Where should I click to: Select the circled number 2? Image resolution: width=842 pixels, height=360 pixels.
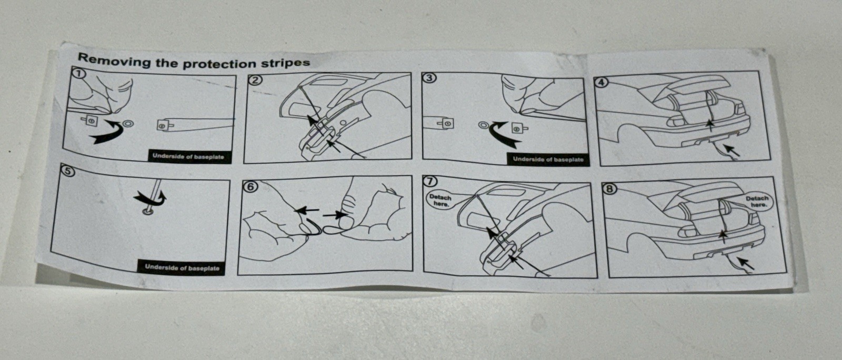pyautogui.click(x=255, y=79)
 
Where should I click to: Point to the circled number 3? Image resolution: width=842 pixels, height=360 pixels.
pyautogui.click(x=429, y=77)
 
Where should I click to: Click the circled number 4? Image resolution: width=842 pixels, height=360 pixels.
pyautogui.click(x=602, y=82)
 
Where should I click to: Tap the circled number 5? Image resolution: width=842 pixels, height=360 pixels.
pyautogui.click(x=68, y=171)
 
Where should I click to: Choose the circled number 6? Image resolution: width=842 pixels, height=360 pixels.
pyautogui.click(x=250, y=187)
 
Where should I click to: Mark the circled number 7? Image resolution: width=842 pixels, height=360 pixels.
pyautogui.click(x=430, y=181)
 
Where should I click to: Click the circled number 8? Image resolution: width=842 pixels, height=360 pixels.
pyautogui.click(x=610, y=188)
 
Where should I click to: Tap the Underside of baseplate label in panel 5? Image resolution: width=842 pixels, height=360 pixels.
pyautogui.click(x=182, y=267)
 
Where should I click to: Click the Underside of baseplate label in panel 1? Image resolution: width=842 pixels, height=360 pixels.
pyautogui.click(x=188, y=157)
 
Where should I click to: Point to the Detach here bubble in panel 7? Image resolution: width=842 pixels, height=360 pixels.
pyautogui.click(x=440, y=201)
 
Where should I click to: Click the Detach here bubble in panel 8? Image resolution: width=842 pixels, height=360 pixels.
pyautogui.click(x=758, y=202)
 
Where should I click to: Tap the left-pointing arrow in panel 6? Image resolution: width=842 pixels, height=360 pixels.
pyautogui.click(x=307, y=211)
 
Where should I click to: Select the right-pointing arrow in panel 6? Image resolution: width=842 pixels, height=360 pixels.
pyautogui.click(x=335, y=215)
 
